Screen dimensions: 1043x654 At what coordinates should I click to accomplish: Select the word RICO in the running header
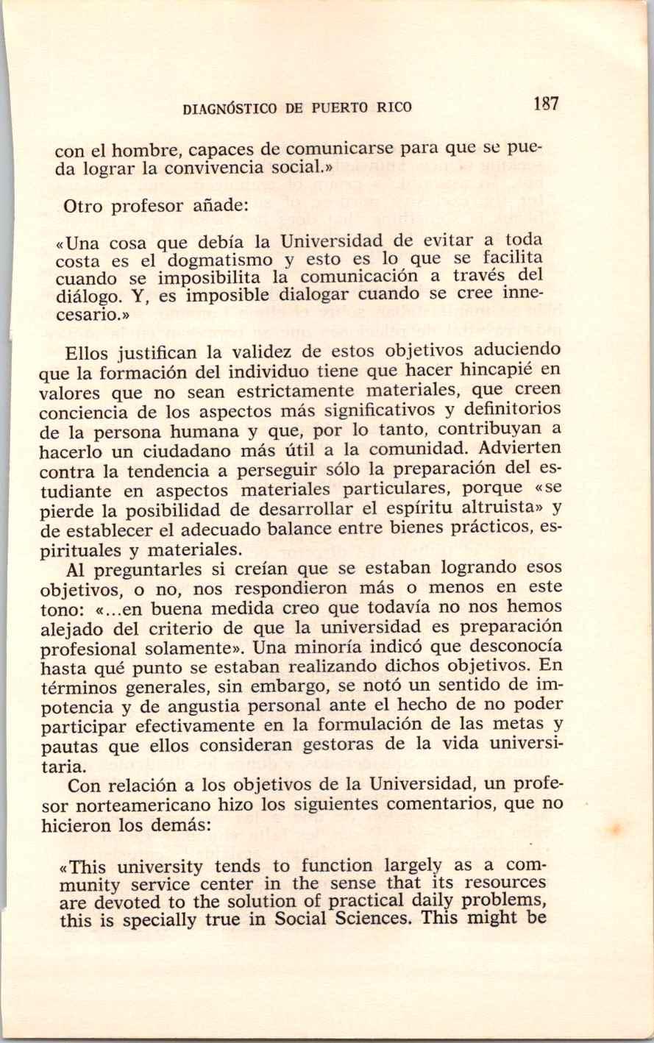click(x=394, y=107)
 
